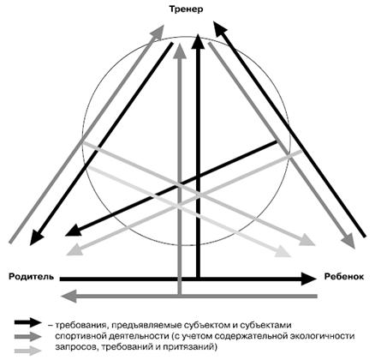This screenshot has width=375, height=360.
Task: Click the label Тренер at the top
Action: tap(186, 9)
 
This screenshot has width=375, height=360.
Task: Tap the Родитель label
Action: tap(31, 277)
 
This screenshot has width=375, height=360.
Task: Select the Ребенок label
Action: tap(344, 277)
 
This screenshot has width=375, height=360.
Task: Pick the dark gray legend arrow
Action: tap(28, 336)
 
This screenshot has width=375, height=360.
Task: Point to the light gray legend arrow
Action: tap(28, 350)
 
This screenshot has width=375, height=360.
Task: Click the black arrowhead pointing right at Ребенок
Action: tap(309, 279)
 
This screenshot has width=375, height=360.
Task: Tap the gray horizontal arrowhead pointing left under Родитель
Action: tap(68, 296)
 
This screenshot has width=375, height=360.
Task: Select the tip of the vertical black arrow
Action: tap(198, 33)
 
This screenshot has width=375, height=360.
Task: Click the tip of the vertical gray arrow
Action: tap(180, 43)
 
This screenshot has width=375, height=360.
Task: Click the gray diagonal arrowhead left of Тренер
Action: tap(158, 32)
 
